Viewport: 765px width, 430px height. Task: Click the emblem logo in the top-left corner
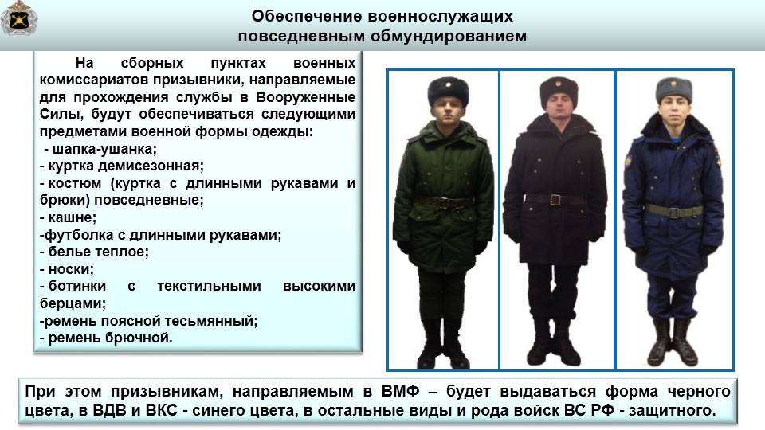tap(19, 18)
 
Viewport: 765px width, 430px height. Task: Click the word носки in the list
tap(70, 269)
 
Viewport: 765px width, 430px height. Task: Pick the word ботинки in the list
tap(77, 286)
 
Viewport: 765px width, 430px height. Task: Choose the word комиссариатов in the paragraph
tap(94, 80)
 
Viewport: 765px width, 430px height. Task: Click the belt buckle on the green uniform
tap(444, 202)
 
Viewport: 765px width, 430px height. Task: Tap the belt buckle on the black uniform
tap(555, 199)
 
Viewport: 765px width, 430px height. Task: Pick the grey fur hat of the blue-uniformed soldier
tap(674, 91)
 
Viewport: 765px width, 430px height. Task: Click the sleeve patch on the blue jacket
tap(629, 160)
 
